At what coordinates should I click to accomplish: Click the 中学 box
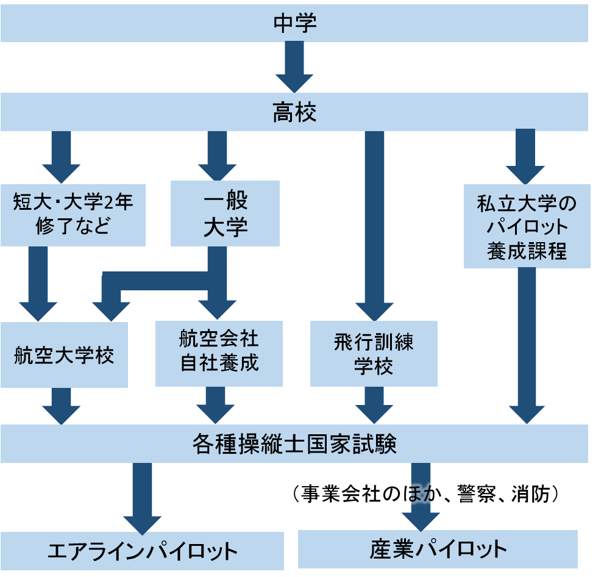point(294,23)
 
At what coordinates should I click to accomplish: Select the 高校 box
point(294,112)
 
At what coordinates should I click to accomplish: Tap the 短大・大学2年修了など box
point(73,214)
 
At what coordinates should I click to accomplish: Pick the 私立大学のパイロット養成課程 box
point(527,226)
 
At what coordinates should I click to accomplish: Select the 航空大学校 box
point(64,355)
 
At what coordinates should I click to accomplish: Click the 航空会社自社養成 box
point(219,353)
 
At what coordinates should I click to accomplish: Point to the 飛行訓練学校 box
point(374,353)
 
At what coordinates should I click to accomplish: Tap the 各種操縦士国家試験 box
point(294,444)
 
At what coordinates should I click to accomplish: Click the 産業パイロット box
point(438,550)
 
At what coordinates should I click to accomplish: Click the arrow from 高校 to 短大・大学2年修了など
point(61,156)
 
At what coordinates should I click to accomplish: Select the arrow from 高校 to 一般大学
point(217,156)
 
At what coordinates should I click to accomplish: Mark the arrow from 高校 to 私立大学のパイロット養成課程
point(525,156)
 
